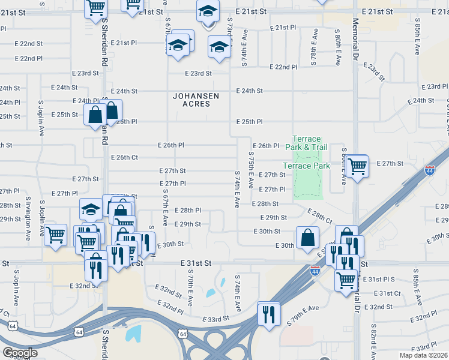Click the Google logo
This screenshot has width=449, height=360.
[x=20, y=353]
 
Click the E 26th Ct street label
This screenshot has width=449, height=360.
[x=125, y=158]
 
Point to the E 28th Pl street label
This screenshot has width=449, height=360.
[x=187, y=211]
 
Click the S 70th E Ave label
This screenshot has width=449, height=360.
[x=189, y=289]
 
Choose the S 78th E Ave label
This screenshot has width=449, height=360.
[x=314, y=46]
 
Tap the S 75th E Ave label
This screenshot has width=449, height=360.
[x=251, y=169]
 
